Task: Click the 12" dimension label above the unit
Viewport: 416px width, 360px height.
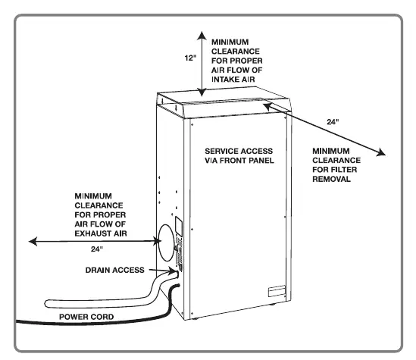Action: click(190, 58)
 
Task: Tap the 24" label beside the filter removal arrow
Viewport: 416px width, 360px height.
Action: click(333, 122)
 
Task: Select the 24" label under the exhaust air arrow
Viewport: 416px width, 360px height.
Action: click(96, 249)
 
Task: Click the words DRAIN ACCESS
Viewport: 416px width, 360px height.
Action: click(115, 270)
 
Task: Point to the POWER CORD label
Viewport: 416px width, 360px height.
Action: click(86, 317)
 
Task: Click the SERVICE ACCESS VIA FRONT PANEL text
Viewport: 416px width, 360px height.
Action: click(239, 155)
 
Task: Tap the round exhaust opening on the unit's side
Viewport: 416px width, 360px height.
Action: click(166, 243)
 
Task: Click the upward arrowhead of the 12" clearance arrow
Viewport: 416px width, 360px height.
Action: click(202, 36)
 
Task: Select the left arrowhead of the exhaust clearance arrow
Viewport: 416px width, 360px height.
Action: click(33, 242)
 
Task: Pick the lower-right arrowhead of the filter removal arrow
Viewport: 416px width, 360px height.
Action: click(381, 152)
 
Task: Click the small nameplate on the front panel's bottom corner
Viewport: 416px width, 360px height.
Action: click(277, 291)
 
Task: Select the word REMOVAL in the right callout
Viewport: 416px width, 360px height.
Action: click(331, 179)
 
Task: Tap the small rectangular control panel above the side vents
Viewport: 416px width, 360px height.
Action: click(179, 227)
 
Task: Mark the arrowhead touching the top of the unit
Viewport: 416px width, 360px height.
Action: click(202, 92)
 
